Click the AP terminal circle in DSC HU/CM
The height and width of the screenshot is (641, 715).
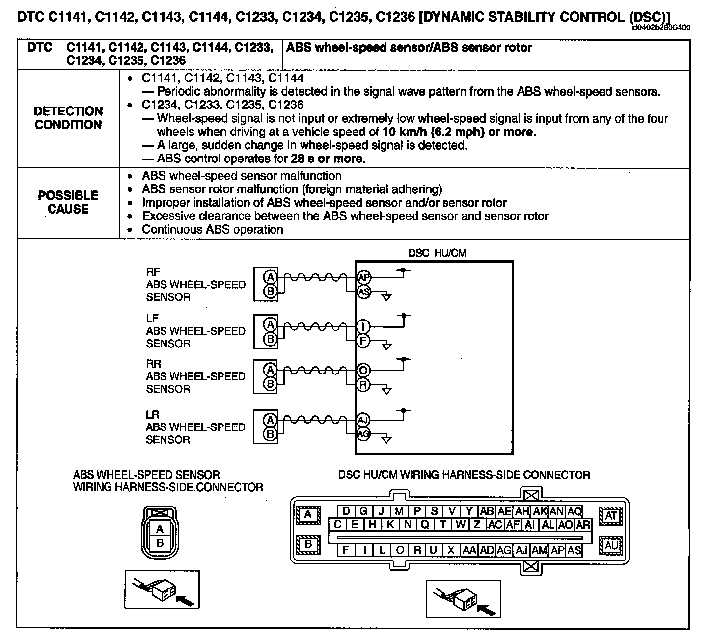coord(363,277)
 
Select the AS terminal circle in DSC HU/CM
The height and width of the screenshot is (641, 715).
coord(363,292)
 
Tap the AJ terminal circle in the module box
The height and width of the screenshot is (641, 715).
coord(363,420)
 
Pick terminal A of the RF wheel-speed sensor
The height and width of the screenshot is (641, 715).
coord(270,277)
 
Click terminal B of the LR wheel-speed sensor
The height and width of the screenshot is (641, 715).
coord(270,434)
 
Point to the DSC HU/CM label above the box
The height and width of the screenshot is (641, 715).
coord(437,253)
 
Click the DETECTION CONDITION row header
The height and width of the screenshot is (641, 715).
coord(68,118)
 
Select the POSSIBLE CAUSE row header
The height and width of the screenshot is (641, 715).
coord(68,202)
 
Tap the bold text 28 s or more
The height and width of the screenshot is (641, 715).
coord(327,159)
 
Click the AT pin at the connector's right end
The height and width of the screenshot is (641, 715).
coord(611,516)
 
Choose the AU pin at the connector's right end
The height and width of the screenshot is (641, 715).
coord(611,545)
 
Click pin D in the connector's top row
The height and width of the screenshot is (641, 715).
coord(346,511)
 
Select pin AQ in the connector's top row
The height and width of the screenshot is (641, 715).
coord(574,511)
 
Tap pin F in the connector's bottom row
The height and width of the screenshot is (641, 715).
coord(346,550)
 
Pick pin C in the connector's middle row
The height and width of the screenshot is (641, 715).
coord(337,524)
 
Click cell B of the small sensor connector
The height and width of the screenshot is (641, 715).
coord(160,543)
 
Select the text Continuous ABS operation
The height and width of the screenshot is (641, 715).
coord(212,229)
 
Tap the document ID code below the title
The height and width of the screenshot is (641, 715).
coord(660,27)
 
